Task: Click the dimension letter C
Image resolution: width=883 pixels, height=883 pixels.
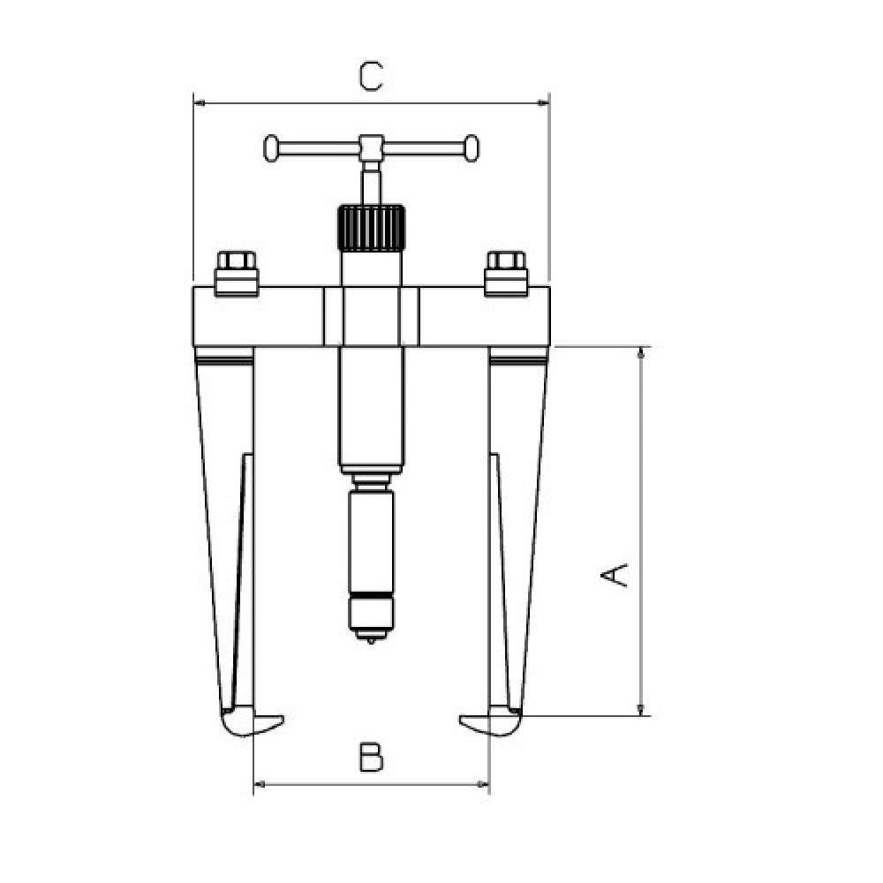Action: coord(371,77)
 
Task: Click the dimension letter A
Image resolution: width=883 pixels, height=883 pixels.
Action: coord(614,575)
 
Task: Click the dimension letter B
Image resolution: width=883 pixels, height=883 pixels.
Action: coord(371,757)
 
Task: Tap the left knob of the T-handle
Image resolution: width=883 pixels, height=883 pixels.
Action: coord(271,148)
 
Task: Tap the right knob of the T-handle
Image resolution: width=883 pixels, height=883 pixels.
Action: coord(472,148)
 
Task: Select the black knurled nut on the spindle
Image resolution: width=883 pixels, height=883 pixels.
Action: coord(371,228)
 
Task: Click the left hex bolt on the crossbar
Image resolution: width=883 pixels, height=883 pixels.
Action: coord(237,273)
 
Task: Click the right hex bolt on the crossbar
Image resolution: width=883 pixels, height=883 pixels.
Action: coord(506,273)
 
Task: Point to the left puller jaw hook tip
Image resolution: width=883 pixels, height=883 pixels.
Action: coord(283,719)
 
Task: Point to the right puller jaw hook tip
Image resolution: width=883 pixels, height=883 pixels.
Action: coord(461,719)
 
